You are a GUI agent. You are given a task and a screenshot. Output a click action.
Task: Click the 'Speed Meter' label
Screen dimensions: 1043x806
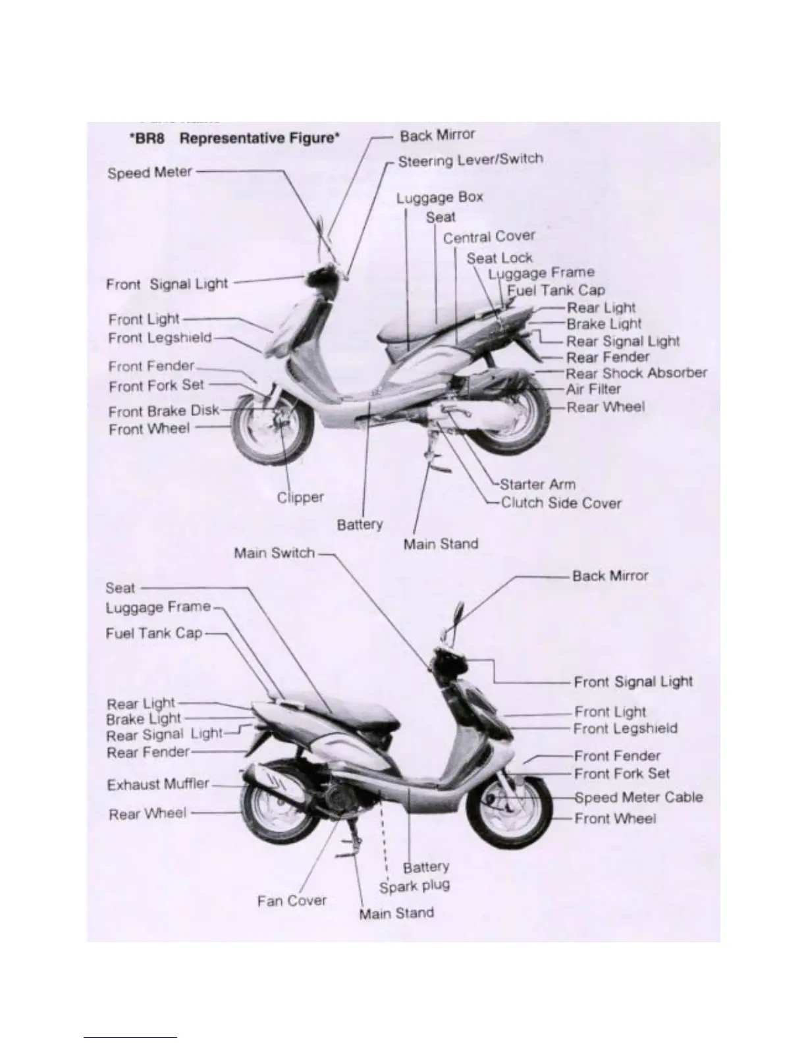click(149, 173)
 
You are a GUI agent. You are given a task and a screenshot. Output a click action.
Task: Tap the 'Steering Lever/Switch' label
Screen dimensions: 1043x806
click(470, 160)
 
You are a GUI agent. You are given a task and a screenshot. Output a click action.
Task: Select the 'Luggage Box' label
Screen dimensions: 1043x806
click(439, 198)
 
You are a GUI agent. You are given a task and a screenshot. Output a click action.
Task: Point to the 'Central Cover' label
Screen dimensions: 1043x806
click(489, 237)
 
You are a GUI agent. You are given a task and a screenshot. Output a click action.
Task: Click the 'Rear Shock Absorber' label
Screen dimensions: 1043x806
click(636, 373)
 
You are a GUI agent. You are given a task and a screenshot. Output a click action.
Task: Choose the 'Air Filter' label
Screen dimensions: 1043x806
click(593, 389)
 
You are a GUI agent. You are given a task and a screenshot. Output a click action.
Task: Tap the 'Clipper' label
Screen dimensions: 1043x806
click(300, 498)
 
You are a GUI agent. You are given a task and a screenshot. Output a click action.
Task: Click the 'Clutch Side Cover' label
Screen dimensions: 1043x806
click(561, 503)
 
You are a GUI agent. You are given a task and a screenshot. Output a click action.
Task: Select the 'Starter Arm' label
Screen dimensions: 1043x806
click(537, 485)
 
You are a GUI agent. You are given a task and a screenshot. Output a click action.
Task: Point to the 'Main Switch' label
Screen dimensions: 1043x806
click(275, 553)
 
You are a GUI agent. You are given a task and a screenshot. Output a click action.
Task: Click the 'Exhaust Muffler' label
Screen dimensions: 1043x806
click(158, 784)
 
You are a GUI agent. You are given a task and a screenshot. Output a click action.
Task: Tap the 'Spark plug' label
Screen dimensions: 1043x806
click(414, 886)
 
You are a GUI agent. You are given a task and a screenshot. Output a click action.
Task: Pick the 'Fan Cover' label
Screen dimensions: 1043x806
click(292, 900)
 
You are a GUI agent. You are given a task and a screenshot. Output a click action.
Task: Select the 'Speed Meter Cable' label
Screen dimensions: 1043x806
click(638, 798)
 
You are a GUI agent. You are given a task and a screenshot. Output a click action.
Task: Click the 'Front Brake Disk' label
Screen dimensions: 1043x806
click(164, 412)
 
